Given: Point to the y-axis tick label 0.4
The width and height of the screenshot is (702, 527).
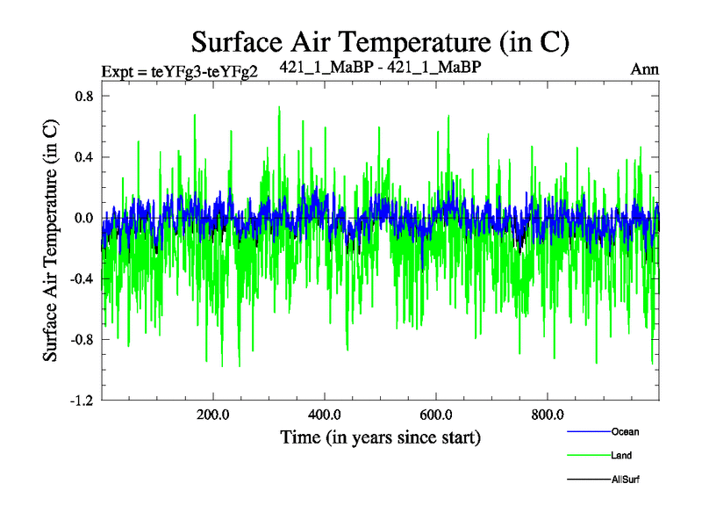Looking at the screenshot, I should (84, 157).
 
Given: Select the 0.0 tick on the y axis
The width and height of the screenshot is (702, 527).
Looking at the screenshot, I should (84, 218).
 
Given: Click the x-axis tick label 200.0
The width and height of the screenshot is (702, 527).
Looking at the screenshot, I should (213, 415).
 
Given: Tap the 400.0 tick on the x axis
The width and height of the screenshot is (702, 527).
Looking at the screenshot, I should (325, 415).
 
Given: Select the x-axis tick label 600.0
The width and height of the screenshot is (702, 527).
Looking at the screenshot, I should (436, 415).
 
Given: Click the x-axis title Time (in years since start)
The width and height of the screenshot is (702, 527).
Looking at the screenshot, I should (381, 437).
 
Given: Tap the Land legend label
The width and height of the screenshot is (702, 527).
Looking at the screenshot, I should (621, 456).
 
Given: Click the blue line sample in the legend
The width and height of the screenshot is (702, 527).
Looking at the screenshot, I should (588, 431).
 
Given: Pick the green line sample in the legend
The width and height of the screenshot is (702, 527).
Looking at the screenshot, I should (588, 456).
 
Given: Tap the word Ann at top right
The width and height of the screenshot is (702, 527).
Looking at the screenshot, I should (645, 69).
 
